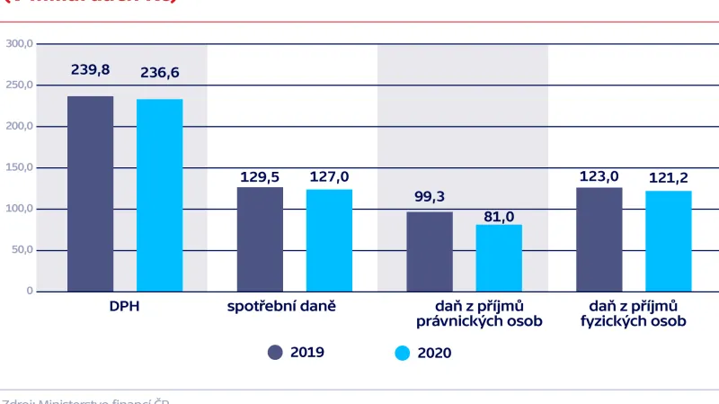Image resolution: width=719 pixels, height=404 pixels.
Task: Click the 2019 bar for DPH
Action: [x=91, y=193]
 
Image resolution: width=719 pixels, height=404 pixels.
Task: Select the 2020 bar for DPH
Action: [x=159, y=195]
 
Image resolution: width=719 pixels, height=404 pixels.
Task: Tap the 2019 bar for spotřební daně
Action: [x=260, y=239]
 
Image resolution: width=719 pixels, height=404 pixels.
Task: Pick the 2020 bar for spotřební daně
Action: [x=329, y=240]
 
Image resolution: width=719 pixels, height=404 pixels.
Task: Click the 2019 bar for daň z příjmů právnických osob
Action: [x=430, y=251]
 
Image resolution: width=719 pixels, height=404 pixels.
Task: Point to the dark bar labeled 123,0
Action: [x=599, y=239]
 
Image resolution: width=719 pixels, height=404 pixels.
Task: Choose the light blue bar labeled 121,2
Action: [x=668, y=241]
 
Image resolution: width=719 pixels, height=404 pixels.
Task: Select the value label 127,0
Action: [x=329, y=176]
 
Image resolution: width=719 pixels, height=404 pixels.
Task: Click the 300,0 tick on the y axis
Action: [x=19, y=43]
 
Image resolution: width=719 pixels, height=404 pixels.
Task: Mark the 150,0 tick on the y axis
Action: [x=19, y=167]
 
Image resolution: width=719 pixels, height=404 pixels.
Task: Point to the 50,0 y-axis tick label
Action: [x=21, y=250]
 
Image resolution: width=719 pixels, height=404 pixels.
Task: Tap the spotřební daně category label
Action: [x=294, y=307]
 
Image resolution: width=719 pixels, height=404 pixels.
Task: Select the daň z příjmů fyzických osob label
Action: [x=633, y=314]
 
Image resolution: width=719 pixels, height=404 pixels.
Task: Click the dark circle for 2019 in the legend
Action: [x=275, y=353]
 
